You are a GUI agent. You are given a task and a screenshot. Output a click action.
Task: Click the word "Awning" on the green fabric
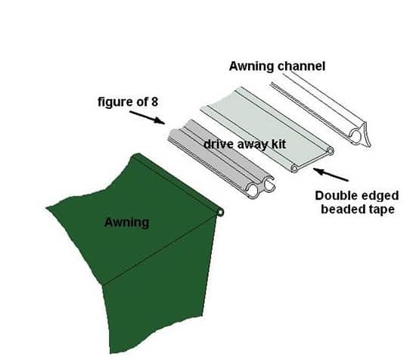pyautogui.click(x=126, y=223)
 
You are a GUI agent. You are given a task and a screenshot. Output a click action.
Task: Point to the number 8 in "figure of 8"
pyautogui.click(x=154, y=102)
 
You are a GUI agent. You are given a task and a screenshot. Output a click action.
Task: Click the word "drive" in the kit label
pyautogui.click(x=219, y=144)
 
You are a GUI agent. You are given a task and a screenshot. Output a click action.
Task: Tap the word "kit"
pyautogui.click(x=279, y=144)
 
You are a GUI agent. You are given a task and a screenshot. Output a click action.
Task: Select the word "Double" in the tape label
pyautogui.click(x=337, y=196)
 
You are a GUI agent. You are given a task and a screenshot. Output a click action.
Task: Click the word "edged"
pyautogui.click(x=380, y=197)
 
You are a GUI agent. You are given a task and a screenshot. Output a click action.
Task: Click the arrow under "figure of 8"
pyautogui.click(x=147, y=117)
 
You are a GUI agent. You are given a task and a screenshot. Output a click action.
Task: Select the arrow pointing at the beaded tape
pyautogui.click(x=331, y=175)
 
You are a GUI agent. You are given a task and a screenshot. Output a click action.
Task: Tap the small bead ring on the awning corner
pyautogui.click(x=220, y=213)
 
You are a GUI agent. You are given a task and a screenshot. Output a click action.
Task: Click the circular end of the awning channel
pyautogui.click(x=355, y=136)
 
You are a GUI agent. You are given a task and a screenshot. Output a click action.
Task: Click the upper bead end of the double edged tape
pyautogui.click(x=331, y=151)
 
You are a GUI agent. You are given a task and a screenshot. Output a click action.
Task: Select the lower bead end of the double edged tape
pyautogui.click(x=294, y=169)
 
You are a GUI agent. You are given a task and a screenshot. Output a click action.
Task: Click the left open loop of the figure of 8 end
pyautogui.click(x=252, y=191)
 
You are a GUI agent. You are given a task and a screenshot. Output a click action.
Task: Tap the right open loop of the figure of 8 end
pyautogui.click(x=268, y=185)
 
